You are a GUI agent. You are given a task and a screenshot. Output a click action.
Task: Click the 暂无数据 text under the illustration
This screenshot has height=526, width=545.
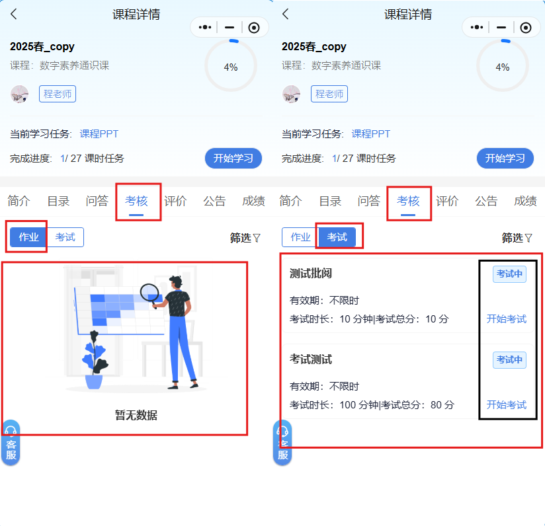click(x=136, y=415)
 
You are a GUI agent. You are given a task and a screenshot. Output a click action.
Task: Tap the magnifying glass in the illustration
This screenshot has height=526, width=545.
click(x=149, y=293)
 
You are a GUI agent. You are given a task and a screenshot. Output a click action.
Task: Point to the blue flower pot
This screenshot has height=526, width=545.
click(x=94, y=381)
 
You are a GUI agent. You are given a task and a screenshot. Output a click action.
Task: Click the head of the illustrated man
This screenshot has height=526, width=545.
click(x=176, y=282)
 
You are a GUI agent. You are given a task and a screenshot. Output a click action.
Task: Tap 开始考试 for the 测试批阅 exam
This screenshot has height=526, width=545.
click(x=507, y=319)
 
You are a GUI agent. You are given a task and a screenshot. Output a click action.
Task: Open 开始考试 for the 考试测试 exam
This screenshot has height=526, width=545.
click(x=507, y=404)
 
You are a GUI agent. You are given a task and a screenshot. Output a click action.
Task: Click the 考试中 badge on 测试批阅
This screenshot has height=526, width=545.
click(x=509, y=274)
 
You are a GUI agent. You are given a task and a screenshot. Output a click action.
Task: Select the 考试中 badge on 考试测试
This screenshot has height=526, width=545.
click(x=509, y=359)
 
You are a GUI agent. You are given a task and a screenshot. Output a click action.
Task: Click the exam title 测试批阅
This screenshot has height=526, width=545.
click(x=311, y=274)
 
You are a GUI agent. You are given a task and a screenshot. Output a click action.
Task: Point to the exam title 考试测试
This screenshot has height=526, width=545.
click(x=311, y=359)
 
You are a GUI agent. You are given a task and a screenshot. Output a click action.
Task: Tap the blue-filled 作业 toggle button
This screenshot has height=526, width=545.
click(x=28, y=237)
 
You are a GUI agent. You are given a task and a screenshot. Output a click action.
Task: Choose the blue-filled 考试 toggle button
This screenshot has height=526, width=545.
click(x=337, y=237)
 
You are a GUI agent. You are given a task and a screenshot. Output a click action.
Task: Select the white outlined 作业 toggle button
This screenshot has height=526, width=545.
click(x=300, y=237)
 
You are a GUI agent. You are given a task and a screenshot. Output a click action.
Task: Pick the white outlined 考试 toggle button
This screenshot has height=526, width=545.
click(x=65, y=237)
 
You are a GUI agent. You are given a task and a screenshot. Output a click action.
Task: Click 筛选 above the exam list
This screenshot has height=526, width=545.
click(x=517, y=238)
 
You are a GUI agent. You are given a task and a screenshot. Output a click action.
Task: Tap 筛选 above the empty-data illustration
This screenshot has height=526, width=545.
click(x=245, y=238)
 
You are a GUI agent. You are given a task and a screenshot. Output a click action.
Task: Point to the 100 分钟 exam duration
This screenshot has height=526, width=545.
click(x=359, y=405)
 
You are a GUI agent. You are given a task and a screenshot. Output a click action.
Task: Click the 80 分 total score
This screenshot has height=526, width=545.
click(x=442, y=405)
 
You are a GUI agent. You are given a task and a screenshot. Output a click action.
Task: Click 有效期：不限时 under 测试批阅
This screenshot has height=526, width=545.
click(x=324, y=300)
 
